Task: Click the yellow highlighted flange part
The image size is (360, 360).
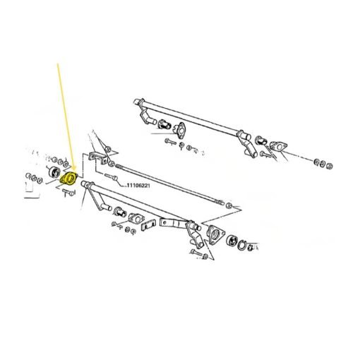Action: point(68,179)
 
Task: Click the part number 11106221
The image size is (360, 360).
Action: point(138,186)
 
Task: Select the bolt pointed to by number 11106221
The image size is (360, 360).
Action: point(111,176)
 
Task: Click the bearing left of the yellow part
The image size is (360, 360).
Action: point(54,172)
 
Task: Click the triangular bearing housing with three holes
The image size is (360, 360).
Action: point(215,234)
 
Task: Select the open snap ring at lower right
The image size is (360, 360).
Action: point(241,246)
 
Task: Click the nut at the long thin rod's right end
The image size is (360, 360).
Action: point(228,205)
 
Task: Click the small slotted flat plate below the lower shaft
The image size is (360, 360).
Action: point(148,225)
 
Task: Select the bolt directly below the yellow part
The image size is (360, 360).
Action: point(69,193)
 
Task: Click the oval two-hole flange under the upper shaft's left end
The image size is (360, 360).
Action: point(181,129)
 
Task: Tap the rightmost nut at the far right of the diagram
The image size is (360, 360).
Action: point(330,166)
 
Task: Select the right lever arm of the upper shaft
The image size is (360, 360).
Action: point(246,143)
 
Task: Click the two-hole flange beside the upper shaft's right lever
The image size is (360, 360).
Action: point(279,147)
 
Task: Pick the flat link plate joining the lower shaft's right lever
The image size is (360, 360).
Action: point(174,223)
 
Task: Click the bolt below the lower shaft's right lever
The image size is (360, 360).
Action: point(196,253)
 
